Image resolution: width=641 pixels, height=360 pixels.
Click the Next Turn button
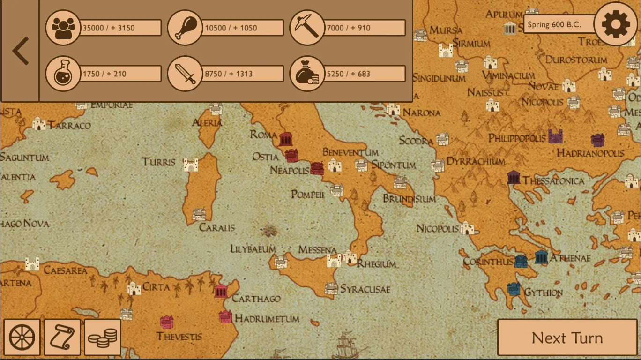click(x=567, y=337)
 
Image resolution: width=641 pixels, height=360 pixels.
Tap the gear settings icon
click(x=616, y=24)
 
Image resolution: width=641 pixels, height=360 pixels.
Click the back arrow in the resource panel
click(x=20, y=51)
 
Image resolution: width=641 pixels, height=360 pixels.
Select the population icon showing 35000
click(x=63, y=28)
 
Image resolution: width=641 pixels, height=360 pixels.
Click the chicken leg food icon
click(x=185, y=28)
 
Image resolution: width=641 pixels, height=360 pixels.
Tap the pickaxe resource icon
click(x=307, y=28)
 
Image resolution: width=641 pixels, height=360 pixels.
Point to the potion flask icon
click(x=63, y=74)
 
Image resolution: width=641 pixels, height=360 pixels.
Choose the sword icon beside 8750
click(x=185, y=74)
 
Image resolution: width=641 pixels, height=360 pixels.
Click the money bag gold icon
click(x=307, y=74)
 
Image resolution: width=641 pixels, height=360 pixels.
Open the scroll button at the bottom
click(x=62, y=337)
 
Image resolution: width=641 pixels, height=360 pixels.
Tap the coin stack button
click(x=103, y=337)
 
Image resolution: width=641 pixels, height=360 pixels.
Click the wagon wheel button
click(x=22, y=337)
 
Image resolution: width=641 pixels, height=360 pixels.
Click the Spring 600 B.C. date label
click(x=558, y=25)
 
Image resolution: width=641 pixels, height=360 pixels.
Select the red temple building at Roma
click(x=286, y=139)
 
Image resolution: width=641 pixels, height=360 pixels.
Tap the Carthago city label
click(x=256, y=299)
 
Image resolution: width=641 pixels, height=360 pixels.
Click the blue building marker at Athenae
click(x=541, y=257)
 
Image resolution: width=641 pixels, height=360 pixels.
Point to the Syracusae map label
click(x=365, y=289)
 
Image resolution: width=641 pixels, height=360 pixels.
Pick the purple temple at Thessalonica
click(x=514, y=177)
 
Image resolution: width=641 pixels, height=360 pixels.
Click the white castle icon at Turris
click(x=191, y=165)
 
